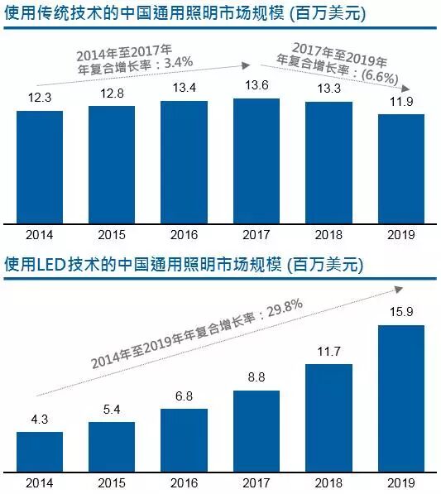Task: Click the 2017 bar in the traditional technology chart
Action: pyautogui.click(x=256, y=161)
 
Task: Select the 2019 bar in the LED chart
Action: pyautogui.click(x=401, y=397)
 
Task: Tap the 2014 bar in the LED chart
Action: pyautogui.click(x=40, y=451)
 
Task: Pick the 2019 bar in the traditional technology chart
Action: pyautogui.click(x=401, y=169)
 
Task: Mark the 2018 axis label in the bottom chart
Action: pyautogui.click(x=328, y=482)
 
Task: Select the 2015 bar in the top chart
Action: pyautogui.click(x=112, y=165)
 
